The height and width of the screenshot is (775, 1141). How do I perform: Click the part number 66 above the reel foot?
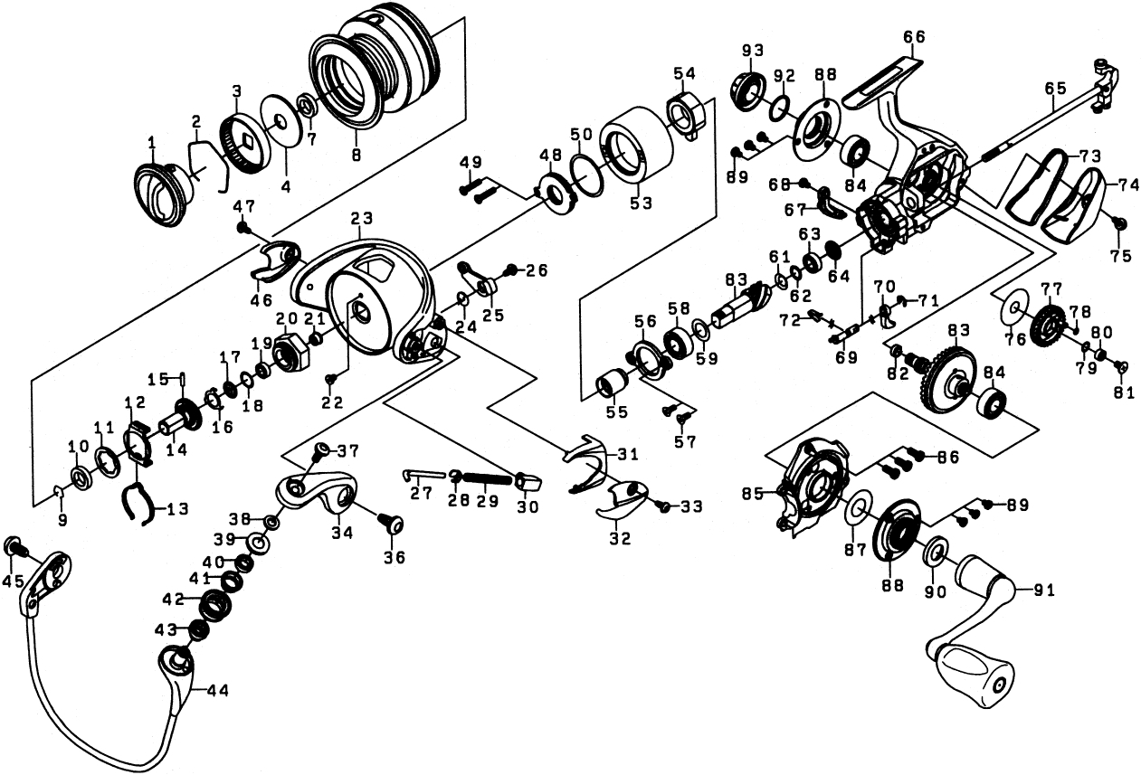(x=913, y=37)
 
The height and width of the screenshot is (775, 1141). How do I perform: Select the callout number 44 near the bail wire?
(x=217, y=690)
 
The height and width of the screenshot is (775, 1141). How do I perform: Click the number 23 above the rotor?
(x=362, y=218)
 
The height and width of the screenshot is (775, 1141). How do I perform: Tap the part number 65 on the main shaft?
(x=1055, y=89)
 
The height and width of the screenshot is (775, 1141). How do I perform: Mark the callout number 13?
(x=176, y=509)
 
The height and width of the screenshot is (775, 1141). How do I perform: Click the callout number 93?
(x=753, y=50)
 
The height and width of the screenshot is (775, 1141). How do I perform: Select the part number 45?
(x=12, y=581)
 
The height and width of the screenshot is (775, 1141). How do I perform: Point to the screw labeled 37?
(x=320, y=449)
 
